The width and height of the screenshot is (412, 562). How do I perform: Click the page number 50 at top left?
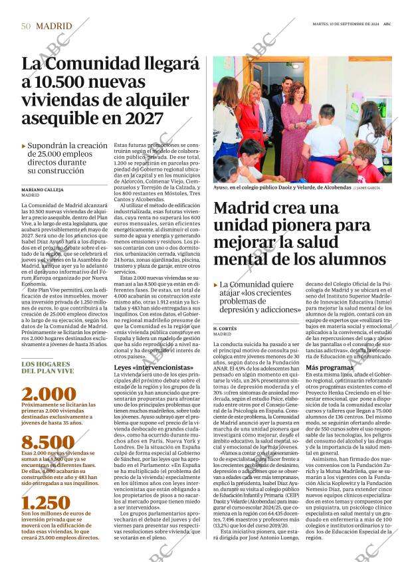(26, 26)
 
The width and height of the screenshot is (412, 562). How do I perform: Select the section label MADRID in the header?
(54, 26)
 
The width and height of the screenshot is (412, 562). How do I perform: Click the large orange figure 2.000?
(49, 393)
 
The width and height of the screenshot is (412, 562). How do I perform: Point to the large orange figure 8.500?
(48, 442)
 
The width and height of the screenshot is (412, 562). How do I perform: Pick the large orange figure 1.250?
(46, 503)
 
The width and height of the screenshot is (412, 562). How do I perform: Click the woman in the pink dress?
(295, 133)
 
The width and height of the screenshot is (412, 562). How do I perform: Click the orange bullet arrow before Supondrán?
(24, 145)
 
